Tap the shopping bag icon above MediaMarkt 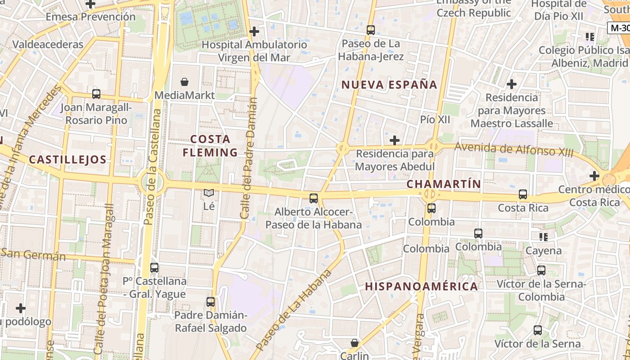point(184,82)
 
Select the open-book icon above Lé point(208,193)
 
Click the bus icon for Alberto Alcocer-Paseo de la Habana point(314,198)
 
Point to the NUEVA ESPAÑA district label point(389,85)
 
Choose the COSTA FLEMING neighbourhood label point(210,145)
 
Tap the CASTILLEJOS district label point(67,159)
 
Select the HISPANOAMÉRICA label point(421,286)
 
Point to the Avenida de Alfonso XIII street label point(514,148)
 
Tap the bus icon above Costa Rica point(522,194)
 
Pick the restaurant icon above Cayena point(544,237)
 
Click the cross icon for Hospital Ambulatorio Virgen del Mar point(254,31)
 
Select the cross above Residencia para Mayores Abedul point(395,140)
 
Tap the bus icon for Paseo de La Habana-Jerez point(371,30)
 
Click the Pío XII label point(435,119)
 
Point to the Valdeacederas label point(48,45)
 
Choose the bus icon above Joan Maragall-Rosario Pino point(96,94)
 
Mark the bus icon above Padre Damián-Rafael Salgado point(211,302)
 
